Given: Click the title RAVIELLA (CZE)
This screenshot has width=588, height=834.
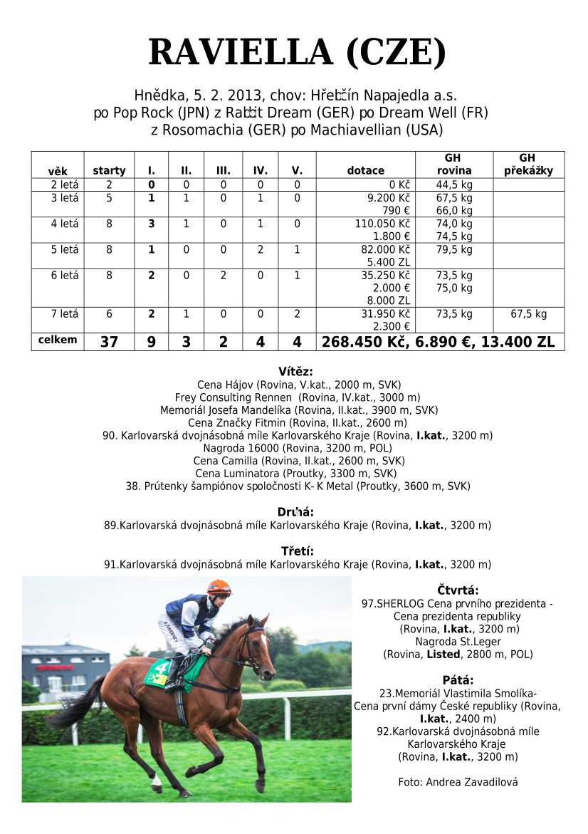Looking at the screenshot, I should tap(297, 53).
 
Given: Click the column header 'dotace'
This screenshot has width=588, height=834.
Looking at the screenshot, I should tap(365, 171).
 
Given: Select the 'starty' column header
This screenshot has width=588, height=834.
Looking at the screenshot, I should tap(109, 171).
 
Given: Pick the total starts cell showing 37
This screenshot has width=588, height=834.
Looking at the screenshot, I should tap(109, 342).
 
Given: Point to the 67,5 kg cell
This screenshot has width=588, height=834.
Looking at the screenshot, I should tap(528, 314).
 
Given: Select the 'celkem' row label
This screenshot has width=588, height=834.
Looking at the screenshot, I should tap(58, 340).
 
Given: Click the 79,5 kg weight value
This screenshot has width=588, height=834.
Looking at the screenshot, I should tap(454, 250).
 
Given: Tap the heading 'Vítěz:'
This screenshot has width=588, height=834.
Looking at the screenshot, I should tap(295, 371).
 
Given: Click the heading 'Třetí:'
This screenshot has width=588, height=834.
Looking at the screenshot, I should tap(297, 551).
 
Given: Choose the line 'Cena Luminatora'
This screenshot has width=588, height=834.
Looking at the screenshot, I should tap(296, 473).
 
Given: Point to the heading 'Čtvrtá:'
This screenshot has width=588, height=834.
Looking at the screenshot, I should tap(458, 590).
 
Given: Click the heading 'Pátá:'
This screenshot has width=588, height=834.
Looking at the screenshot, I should tap(458, 679).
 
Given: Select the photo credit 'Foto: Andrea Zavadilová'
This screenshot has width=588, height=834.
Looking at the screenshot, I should tap(458, 782).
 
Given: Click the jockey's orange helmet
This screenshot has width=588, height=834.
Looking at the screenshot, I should tap(219, 588).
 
